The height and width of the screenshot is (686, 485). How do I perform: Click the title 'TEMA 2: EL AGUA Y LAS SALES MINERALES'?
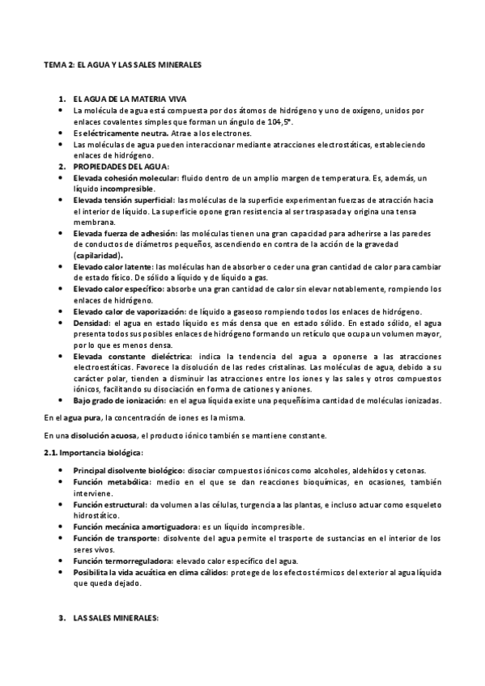(122, 62)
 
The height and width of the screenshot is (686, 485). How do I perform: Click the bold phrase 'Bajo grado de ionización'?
(118, 400)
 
